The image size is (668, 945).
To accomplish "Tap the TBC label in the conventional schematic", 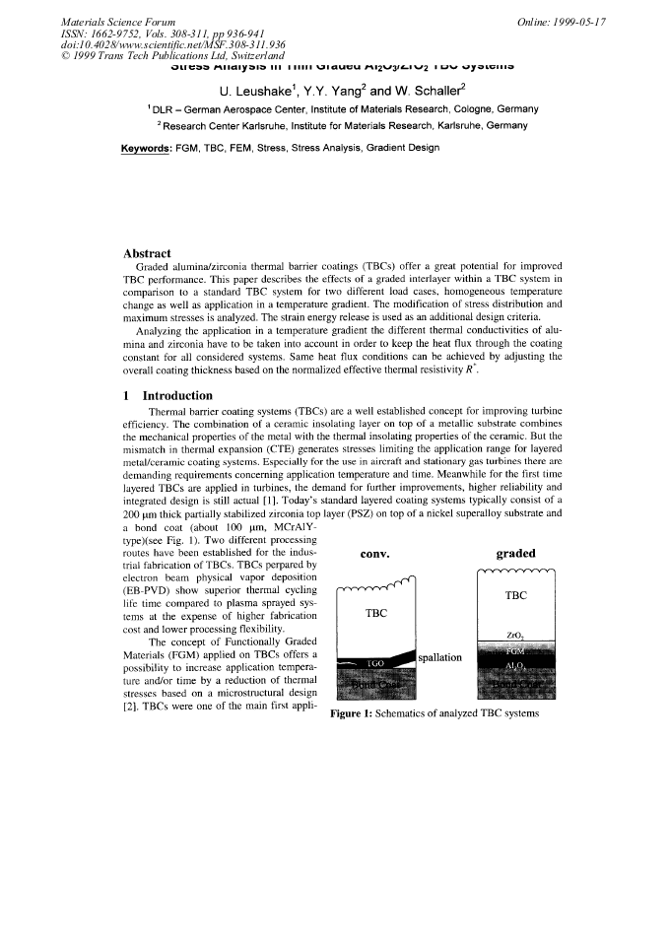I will [x=374, y=613].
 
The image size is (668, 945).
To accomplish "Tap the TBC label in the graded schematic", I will [x=516, y=596].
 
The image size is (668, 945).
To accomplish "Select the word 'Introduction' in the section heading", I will [x=171, y=395].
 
